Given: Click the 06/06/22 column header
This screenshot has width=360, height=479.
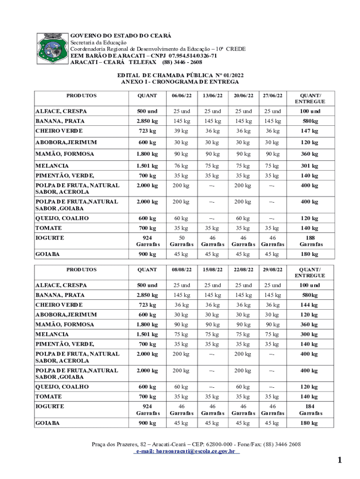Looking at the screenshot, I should (181, 95).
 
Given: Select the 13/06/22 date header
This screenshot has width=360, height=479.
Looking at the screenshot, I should (212, 95).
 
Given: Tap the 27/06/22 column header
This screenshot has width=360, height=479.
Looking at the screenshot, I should (273, 95).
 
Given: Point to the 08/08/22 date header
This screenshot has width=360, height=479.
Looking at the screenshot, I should (181, 269).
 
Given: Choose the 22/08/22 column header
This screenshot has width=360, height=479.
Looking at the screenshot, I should (243, 269).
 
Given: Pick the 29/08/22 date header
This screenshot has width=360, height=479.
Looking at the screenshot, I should (273, 269).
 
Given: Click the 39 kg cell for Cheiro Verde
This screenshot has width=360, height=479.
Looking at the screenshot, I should (181, 131).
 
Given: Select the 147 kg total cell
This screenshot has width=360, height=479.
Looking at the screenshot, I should (309, 131).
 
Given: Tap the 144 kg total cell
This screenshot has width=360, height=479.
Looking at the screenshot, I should (309, 305).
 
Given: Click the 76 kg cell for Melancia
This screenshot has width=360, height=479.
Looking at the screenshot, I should (181, 166).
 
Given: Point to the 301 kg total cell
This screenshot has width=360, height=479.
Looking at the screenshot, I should (309, 166).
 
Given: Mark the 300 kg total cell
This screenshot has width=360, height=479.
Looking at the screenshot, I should (309, 334).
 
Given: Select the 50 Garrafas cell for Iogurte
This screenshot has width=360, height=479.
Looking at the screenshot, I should (181, 241).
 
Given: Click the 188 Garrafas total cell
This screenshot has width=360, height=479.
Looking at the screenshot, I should (309, 241).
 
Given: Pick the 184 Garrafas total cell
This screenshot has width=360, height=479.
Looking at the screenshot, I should (309, 410).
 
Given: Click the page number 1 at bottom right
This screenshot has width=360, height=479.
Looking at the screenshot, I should (340, 460).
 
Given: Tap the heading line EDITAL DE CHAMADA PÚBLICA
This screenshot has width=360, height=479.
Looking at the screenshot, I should (180, 75).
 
